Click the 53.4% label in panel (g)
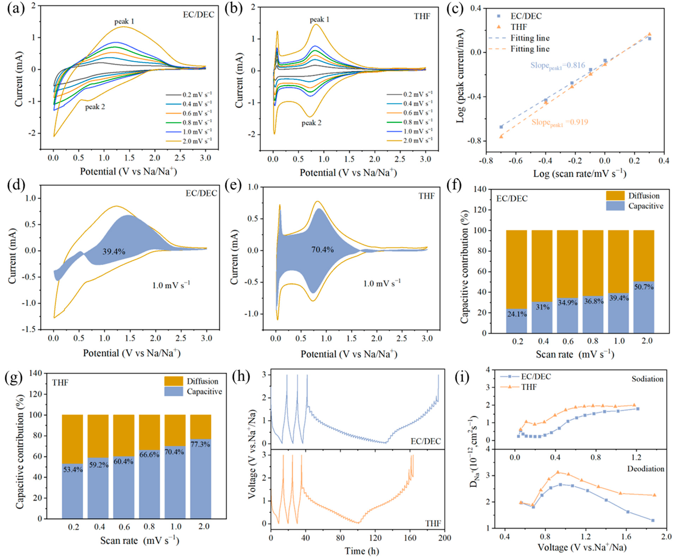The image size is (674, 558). (x=73, y=470)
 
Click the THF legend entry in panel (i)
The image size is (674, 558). (x=529, y=387)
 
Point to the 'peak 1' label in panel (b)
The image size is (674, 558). (x=319, y=20)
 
